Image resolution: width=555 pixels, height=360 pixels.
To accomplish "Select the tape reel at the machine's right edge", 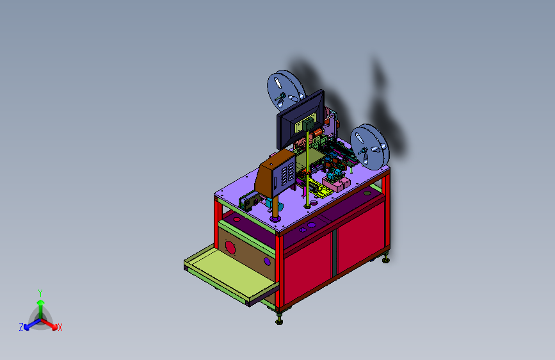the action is [369, 147].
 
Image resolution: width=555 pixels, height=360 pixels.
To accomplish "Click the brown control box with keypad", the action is [276, 173].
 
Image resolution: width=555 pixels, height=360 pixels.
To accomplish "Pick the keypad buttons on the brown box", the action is [286, 174].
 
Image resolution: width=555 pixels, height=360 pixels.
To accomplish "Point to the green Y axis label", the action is [40, 293].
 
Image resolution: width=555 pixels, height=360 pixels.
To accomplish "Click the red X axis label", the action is [60, 328].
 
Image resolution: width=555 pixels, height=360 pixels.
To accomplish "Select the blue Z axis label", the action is [21, 327].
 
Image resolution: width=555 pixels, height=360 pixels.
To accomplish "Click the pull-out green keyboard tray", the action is [232, 275].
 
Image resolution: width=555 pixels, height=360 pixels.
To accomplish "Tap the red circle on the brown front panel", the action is [230, 248].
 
